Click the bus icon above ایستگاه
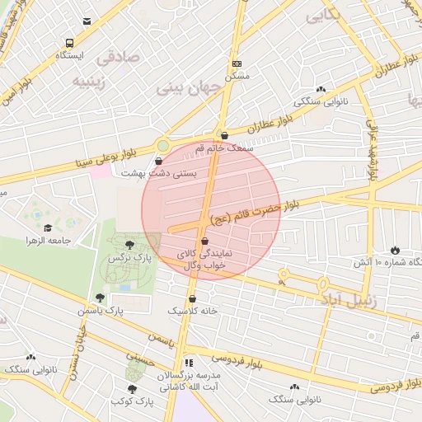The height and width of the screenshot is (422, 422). (69, 43)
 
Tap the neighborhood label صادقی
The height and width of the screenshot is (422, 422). (118, 59)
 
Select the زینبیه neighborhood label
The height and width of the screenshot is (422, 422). (91, 82)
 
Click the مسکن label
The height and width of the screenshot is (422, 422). (237, 76)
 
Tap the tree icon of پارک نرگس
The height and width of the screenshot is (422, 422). (129, 244)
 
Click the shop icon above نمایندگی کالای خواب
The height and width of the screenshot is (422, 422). (204, 241)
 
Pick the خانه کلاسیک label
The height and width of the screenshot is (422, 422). (192, 311)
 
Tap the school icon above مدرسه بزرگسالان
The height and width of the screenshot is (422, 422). (189, 362)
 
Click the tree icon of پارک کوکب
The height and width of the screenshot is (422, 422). (132, 389)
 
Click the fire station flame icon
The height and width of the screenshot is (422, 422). (395, 249)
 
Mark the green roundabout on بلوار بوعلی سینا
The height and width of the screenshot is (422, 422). (163, 146)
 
